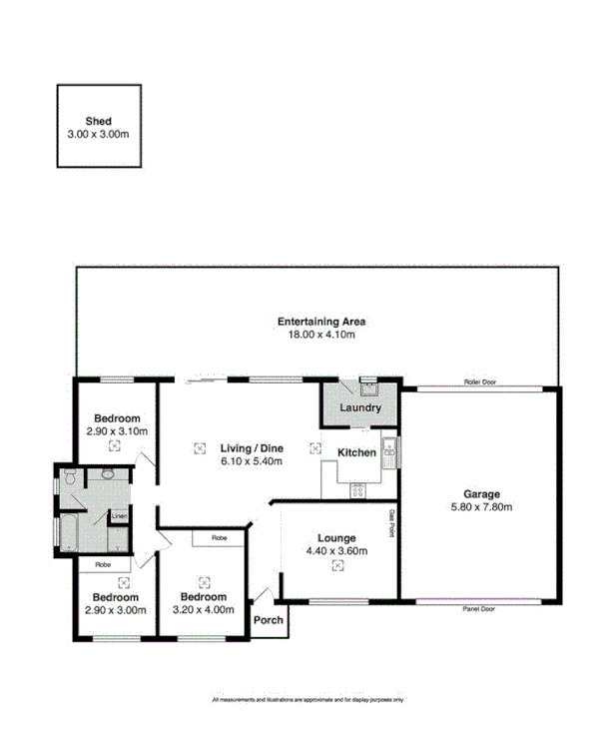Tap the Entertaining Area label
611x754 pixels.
click(x=321, y=322)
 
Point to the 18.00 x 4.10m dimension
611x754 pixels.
click(x=321, y=335)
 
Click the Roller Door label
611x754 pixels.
click(x=480, y=382)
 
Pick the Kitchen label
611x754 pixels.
click(x=356, y=452)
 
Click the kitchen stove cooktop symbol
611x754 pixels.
click(x=356, y=490)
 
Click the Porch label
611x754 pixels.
click(x=269, y=620)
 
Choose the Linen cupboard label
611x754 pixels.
click(x=119, y=516)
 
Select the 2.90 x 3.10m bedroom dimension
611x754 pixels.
click(x=116, y=431)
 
